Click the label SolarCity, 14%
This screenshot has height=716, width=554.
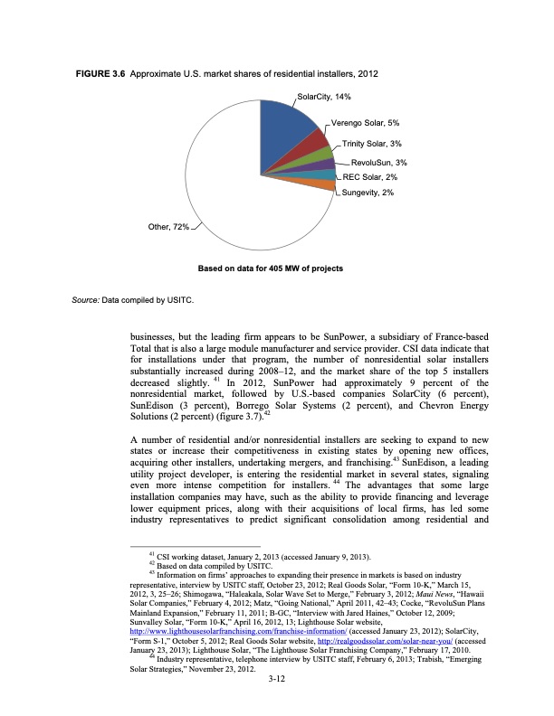[324, 97]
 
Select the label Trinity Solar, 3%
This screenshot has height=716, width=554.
[371, 144]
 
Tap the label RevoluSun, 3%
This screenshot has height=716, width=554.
[378, 163]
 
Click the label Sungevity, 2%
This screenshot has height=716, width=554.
[368, 193]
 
